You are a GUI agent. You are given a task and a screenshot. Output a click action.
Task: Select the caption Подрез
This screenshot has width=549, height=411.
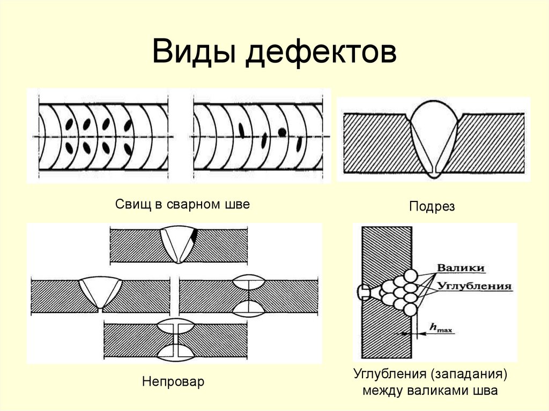point(432,207)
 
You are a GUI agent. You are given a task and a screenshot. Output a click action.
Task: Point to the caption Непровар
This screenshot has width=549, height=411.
point(173,382)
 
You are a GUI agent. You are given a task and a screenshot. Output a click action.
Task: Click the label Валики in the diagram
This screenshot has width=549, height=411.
point(461,268)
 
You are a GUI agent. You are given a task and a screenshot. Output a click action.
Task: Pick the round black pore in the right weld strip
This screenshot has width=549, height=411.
point(281,132)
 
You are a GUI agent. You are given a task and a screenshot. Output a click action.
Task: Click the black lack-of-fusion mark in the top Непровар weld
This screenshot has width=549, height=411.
point(195,235)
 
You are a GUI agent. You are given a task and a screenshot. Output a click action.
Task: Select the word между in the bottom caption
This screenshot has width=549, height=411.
point(382,390)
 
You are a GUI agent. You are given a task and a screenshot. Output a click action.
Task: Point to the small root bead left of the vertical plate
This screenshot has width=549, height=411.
point(363,292)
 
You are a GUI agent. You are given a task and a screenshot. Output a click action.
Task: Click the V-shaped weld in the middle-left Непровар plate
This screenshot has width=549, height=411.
point(101,293)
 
